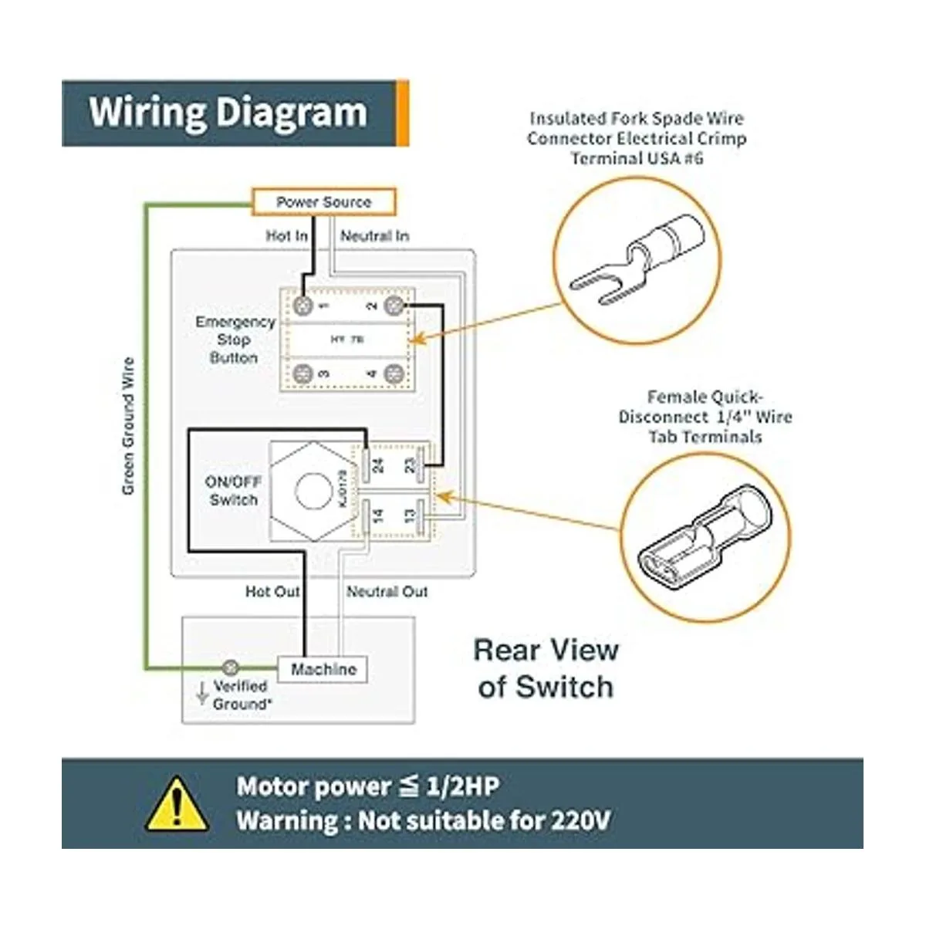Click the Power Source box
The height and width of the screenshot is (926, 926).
coord(324,202)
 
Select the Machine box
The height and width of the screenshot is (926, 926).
coord(323,670)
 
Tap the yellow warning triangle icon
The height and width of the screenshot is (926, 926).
coord(177,804)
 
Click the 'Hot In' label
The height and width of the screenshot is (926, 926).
coord(286,235)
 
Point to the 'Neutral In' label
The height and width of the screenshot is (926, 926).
coord(375,235)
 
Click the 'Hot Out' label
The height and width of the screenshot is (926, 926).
coord(272,592)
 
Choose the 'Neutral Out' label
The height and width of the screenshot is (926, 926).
coord(387,592)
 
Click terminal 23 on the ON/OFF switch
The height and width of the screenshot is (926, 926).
coord(410,465)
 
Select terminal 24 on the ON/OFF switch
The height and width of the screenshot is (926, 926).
coord(377,465)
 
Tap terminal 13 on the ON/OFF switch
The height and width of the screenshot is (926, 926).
coord(410,513)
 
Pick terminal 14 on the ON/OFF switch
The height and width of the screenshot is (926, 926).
coord(377,515)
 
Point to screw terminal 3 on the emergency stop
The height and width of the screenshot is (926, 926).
coord(302,373)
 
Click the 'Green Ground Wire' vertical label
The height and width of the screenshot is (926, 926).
coord(128,426)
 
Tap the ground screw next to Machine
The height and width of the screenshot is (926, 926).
coord(230,667)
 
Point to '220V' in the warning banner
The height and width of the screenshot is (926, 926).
coord(580,820)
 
